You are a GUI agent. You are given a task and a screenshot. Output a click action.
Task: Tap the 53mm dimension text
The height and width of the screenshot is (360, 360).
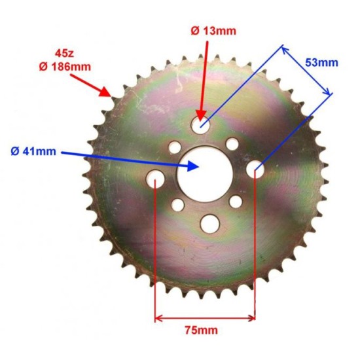[322, 63]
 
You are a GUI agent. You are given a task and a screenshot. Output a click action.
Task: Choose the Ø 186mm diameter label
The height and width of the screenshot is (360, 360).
[63, 65]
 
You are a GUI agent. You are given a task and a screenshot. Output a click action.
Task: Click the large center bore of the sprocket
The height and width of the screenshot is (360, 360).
[204, 173]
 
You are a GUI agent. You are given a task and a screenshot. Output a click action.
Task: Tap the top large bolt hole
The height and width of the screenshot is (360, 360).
[202, 124]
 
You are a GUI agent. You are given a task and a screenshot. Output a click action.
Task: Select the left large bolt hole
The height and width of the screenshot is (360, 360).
[155, 177]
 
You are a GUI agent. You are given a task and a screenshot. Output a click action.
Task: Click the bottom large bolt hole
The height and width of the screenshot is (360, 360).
[209, 224]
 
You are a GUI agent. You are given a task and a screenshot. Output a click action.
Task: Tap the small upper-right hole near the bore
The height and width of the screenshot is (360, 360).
[230, 144]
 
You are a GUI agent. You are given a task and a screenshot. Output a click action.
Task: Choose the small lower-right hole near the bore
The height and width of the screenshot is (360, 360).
[235, 200]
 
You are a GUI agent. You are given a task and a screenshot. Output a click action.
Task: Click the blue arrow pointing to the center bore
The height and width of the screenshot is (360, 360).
[131, 158]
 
